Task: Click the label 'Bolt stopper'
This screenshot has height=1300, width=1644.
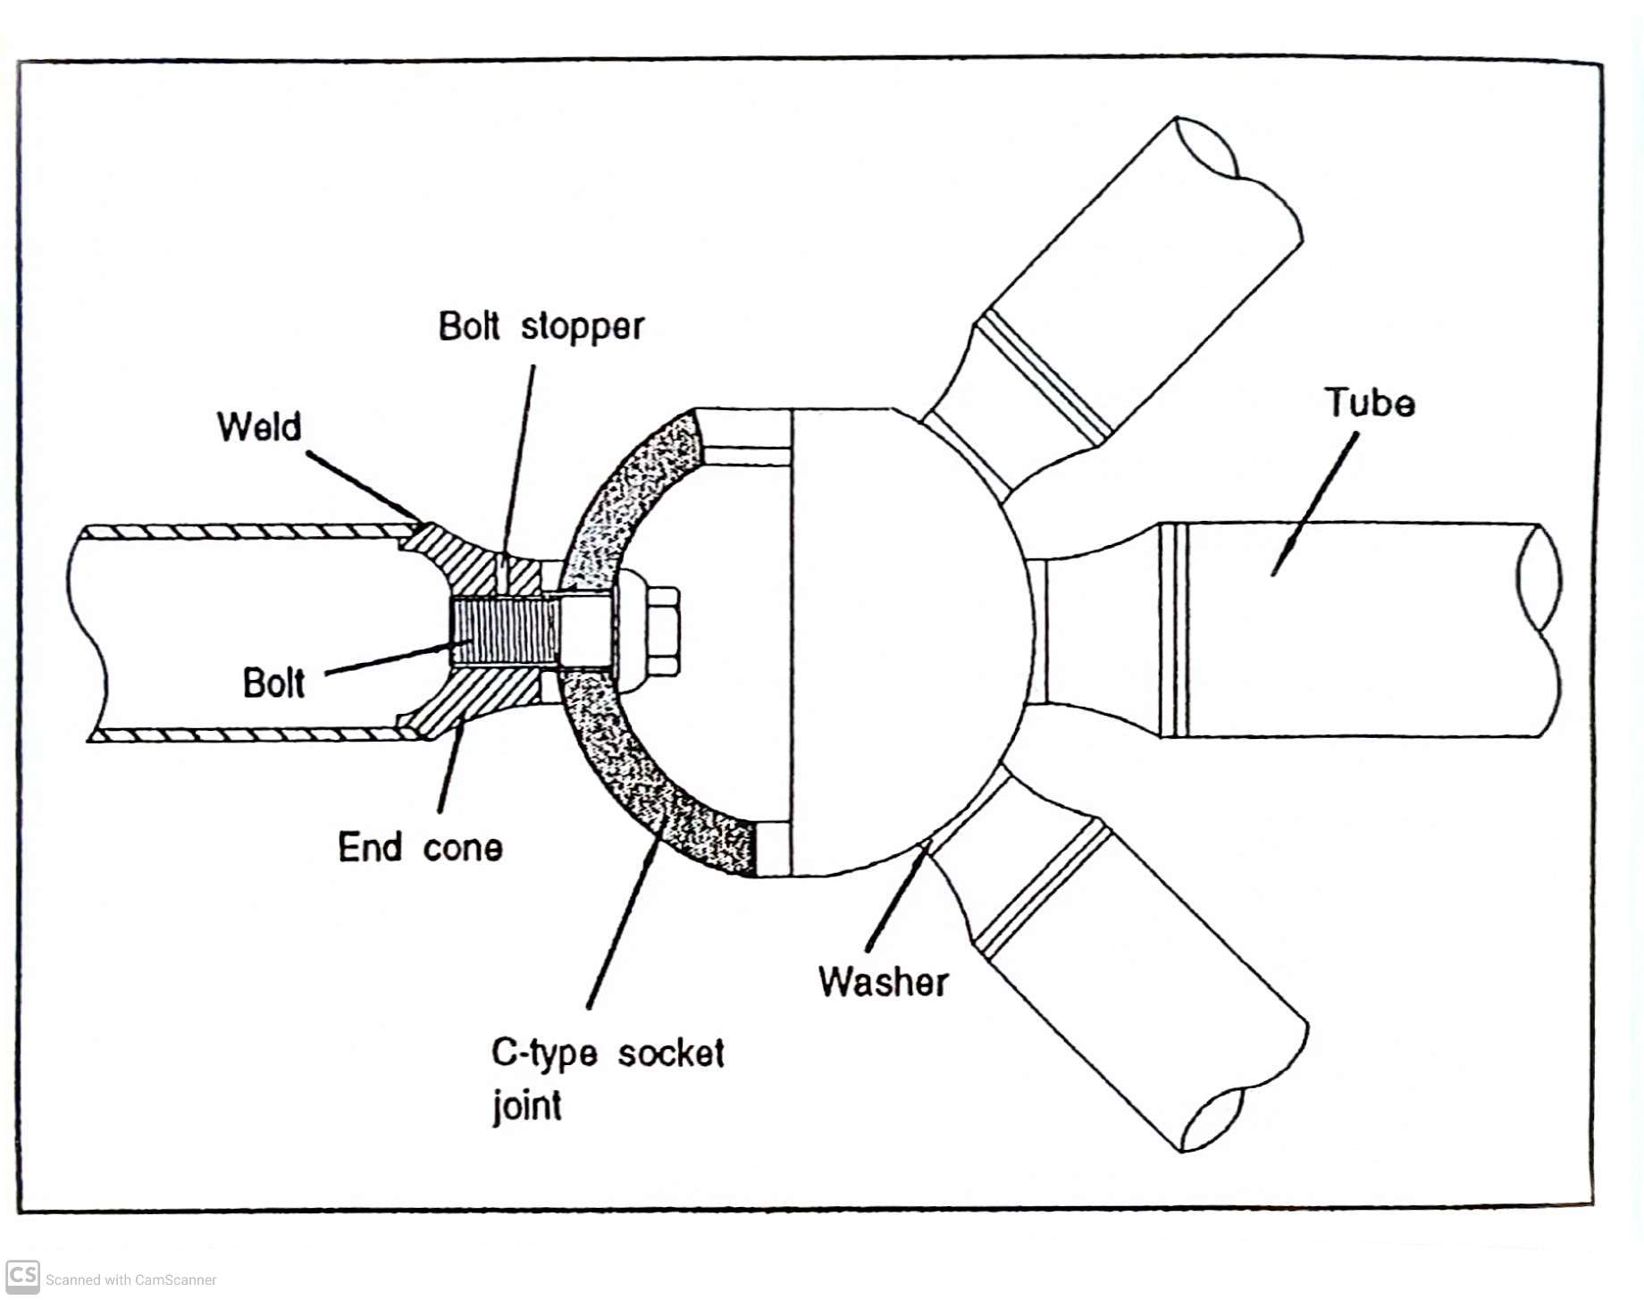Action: (541, 327)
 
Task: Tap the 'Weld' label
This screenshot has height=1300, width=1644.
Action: (259, 427)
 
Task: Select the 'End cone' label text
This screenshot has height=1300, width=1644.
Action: (420, 847)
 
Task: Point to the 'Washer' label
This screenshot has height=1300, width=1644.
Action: (883, 981)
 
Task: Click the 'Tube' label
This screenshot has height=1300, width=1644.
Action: (1369, 403)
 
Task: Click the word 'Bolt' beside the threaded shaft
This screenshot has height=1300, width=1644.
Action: (273, 684)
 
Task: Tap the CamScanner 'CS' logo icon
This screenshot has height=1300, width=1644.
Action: (22, 1276)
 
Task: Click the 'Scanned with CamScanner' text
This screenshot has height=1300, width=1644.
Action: (130, 1280)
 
